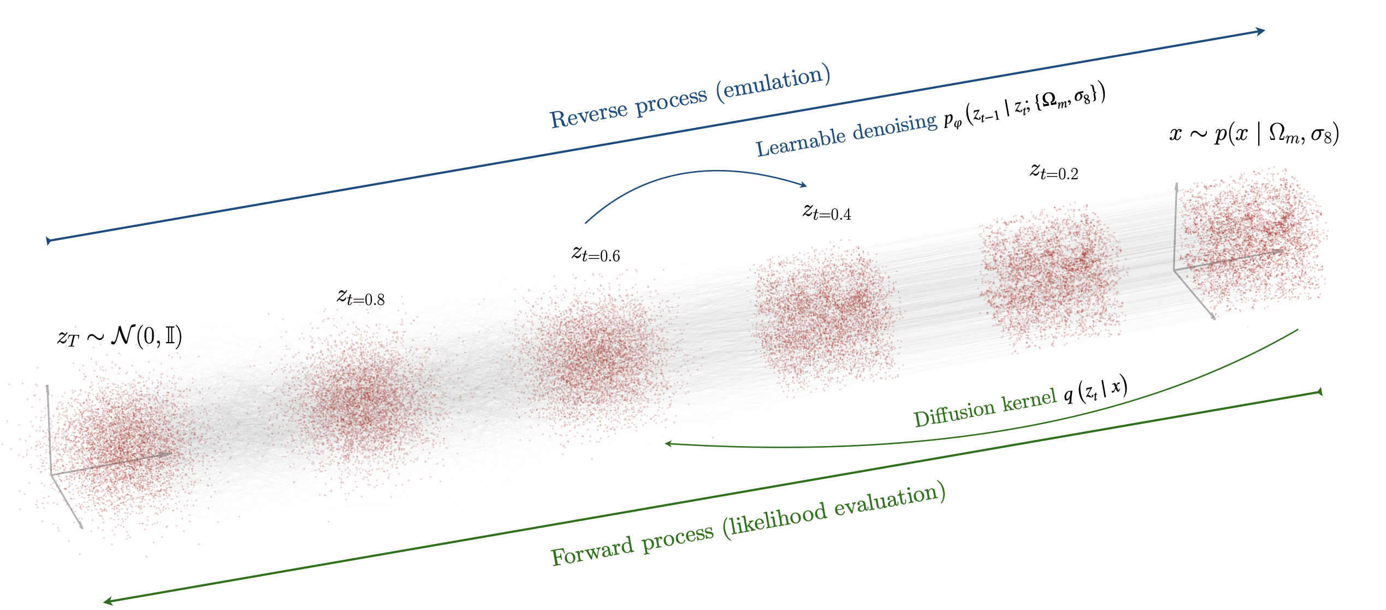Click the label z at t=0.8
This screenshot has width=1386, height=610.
(361, 297)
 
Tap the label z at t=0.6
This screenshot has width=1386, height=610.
(596, 254)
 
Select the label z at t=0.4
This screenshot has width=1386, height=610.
(827, 212)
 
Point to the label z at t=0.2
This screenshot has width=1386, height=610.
(1054, 172)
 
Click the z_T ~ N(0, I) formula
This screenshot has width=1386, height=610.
(120, 336)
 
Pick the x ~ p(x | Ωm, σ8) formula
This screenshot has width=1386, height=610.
(1254, 134)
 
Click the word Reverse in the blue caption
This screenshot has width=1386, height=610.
(589, 116)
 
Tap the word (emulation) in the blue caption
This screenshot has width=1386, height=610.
(773, 83)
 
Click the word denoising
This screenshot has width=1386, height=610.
(895, 127)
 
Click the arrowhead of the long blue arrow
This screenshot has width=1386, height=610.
(1260, 31)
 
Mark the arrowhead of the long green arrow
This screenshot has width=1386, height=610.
(108, 602)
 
